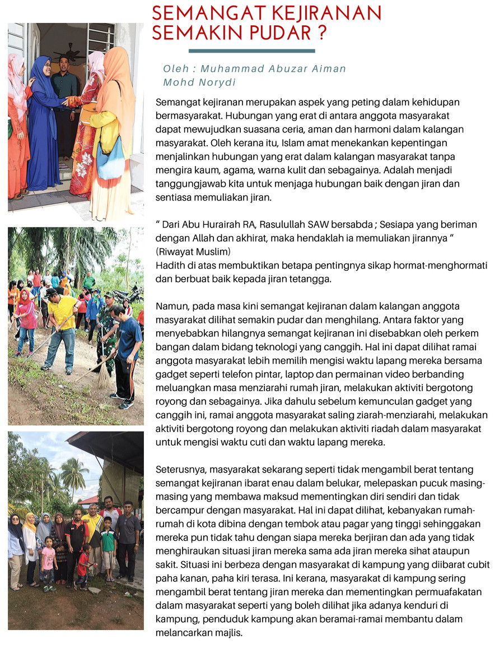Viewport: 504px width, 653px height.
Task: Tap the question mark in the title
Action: [x=321, y=33]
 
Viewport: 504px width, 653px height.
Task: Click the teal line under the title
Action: [x=251, y=51]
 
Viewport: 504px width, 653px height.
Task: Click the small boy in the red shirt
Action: [x=85, y=566]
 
